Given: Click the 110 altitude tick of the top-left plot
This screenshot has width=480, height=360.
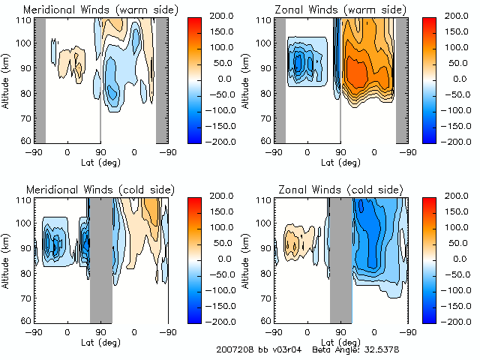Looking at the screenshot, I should [23, 20].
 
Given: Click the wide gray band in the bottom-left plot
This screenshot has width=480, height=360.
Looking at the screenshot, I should [101, 259].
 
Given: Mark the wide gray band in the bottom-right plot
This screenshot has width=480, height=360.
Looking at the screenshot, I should [340, 259].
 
